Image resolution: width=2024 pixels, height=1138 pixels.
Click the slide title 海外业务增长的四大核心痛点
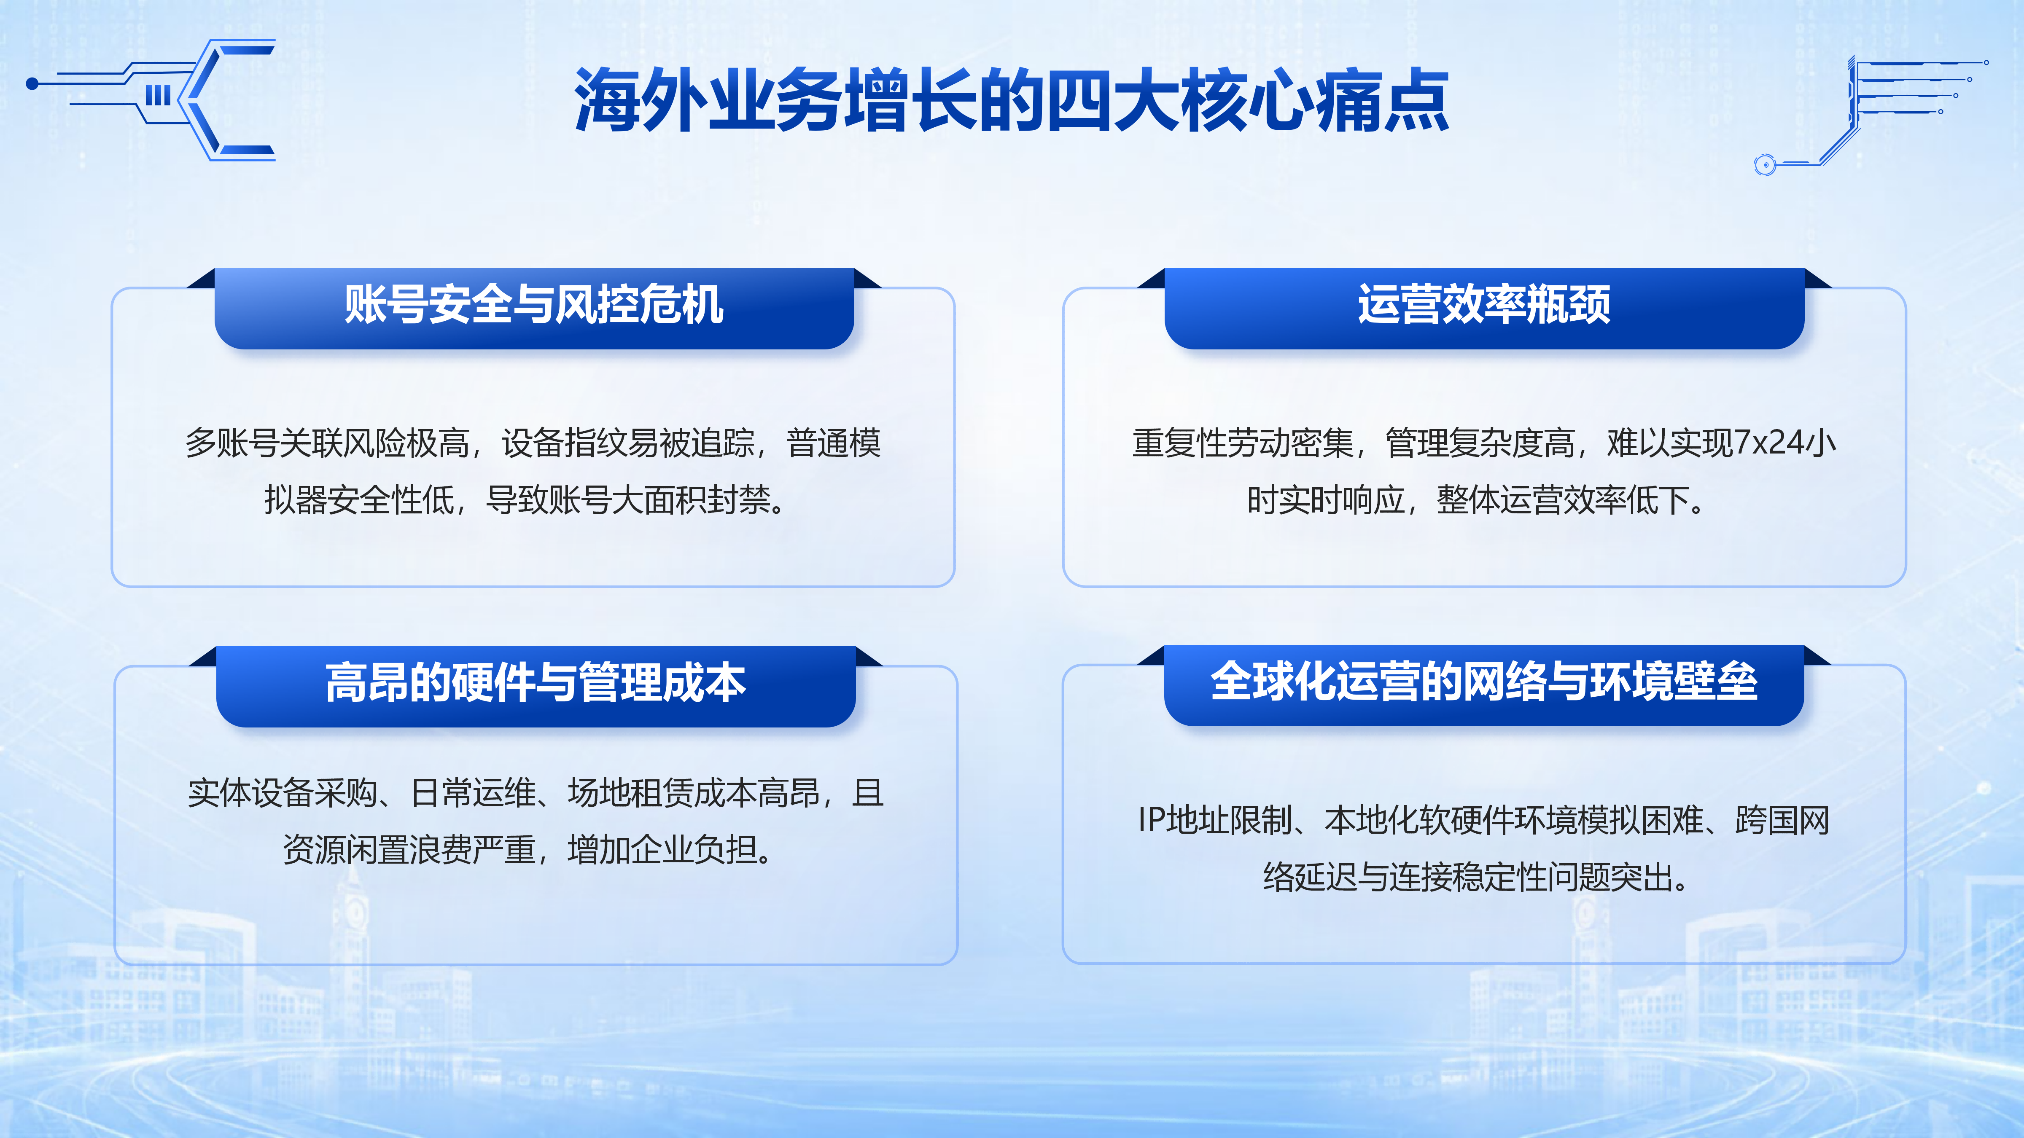pos(1012,101)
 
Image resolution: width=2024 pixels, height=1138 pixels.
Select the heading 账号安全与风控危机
pos(534,305)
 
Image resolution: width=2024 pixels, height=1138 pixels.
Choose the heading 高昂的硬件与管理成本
pos(536,682)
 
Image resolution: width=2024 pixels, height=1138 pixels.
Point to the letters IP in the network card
pos(1151,820)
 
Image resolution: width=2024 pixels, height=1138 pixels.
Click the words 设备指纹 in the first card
pos(564,443)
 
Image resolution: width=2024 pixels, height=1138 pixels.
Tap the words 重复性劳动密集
pos(1243,443)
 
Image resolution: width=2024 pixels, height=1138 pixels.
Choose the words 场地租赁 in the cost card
pos(630,793)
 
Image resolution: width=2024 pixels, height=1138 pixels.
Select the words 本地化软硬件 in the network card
pos(1419,820)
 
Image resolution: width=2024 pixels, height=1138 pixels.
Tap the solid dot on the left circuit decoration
pos(32,83)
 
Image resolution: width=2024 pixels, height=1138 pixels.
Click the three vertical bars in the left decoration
pos(158,95)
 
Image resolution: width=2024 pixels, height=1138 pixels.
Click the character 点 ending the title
pos(1417,101)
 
